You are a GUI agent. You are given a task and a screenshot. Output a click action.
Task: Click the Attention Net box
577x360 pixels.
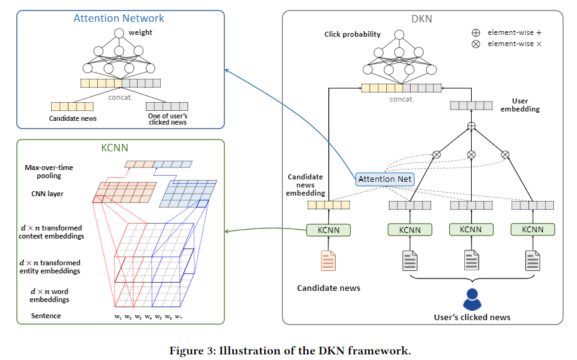click(x=384, y=179)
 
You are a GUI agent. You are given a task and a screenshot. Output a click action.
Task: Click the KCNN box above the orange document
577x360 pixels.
click(x=328, y=230)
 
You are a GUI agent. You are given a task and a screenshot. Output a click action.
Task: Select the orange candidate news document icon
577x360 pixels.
click(x=328, y=260)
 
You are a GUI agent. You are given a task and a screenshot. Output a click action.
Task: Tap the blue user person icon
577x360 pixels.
click(x=472, y=299)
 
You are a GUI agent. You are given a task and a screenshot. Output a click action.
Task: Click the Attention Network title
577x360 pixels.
click(x=119, y=18)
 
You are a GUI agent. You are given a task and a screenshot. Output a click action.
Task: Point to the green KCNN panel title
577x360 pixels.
click(x=118, y=148)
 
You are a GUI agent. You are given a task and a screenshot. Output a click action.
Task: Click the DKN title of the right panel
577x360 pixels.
click(x=421, y=19)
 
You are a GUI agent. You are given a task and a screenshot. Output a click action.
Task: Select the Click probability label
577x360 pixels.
click(x=352, y=34)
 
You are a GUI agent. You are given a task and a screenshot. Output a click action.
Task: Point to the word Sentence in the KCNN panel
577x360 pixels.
click(x=46, y=316)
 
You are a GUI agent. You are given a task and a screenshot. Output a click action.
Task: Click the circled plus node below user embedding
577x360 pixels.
click(x=472, y=126)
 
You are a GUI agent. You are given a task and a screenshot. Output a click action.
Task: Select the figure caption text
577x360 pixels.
click(x=290, y=350)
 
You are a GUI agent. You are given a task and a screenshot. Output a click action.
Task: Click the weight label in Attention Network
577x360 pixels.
click(x=140, y=32)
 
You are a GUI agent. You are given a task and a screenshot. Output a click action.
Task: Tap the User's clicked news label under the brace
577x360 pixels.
click(x=472, y=317)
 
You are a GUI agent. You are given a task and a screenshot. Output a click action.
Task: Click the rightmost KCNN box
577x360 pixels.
click(x=532, y=230)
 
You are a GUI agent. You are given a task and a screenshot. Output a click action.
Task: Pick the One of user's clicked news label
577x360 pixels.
click(x=167, y=118)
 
